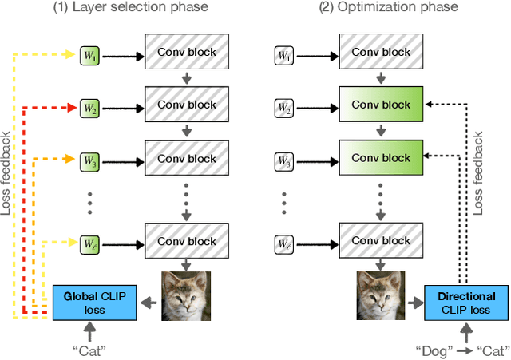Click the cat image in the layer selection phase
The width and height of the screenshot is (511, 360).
point(186,296)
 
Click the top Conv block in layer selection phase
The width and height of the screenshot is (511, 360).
point(186,52)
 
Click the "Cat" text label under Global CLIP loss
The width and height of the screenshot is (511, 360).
point(89,350)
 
